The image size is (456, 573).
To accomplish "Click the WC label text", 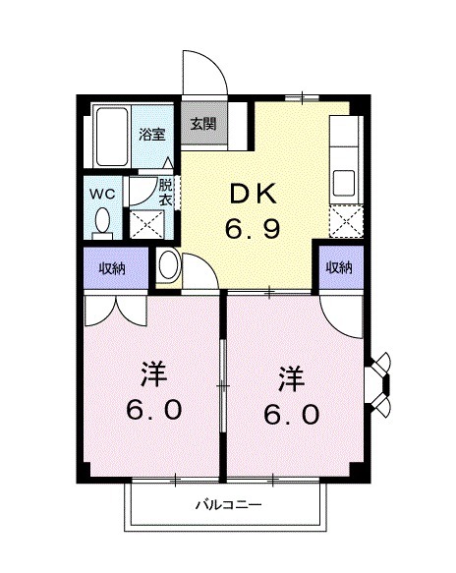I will point(103,194).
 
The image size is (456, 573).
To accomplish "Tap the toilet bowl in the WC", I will point(101,223).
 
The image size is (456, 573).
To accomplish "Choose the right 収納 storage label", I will point(339,266).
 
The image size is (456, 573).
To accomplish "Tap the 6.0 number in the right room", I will point(291,415).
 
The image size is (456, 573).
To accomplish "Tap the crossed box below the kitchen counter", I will point(346,221).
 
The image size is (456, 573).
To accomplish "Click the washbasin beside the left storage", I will point(167,264).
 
